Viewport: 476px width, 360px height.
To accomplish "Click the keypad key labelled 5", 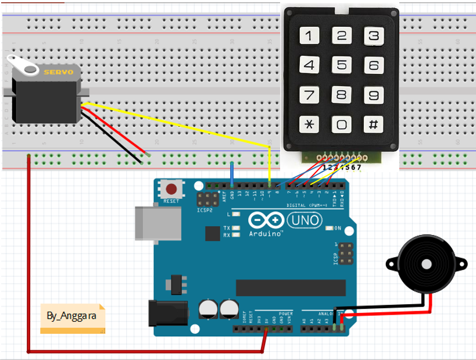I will pyautogui.click(x=342, y=65).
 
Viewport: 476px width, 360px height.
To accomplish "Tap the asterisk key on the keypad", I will pyautogui.click(x=309, y=124).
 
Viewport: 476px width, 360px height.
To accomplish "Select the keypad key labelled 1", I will pyautogui.click(x=309, y=36).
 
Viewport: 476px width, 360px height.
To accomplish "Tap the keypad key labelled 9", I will pyautogui.click(x=374, y=95).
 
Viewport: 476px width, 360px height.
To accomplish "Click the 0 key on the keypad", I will pyautogui.click(x=342, y=124).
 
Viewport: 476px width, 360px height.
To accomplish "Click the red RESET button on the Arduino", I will pyautogui.click(x=171, y=189).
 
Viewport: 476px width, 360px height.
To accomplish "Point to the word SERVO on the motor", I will pyautogui.click(x=58, y=72).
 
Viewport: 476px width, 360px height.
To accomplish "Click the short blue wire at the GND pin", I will pyautogui.click(x=232, y=173).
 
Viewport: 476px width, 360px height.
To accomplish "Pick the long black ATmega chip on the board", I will pyautogui.click(x=283, y=287).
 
